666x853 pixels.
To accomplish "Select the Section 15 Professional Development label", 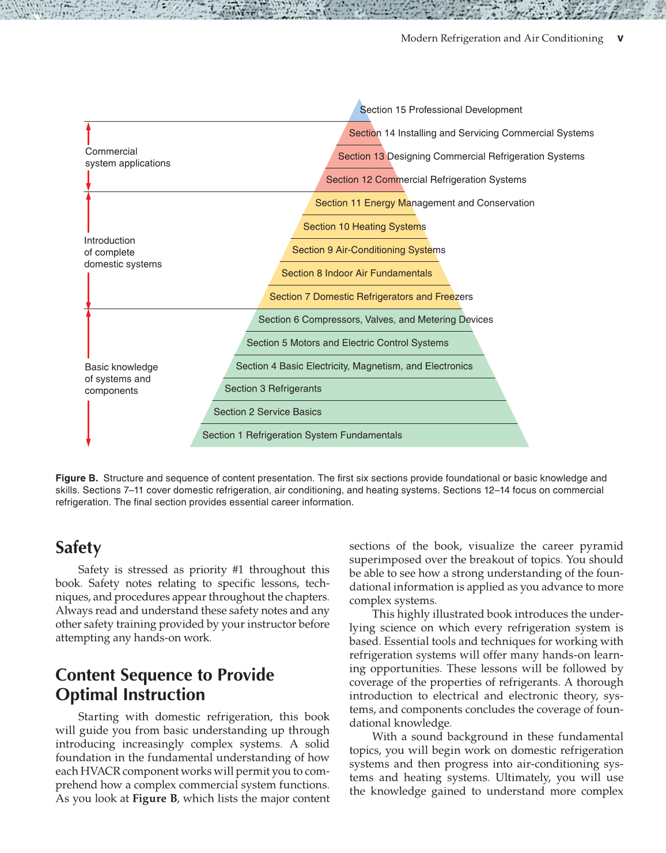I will point(441,110).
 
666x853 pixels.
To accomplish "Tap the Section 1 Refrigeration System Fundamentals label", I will point(302,435).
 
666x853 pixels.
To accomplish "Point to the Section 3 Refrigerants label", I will point(273,389).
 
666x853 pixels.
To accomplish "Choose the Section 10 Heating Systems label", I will point(365,227).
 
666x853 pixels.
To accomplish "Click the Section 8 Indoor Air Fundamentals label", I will point(357,273).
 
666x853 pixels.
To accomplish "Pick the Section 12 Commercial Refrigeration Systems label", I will point(426,180).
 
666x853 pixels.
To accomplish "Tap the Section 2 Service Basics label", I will point(267,412).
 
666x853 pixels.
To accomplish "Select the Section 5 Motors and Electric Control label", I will point(347,343).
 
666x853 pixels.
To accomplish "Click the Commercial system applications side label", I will point(127,157).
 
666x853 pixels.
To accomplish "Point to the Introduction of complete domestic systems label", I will point(123,253).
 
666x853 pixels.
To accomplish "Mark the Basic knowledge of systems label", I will point(121,379).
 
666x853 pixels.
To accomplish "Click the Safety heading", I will point(78,547).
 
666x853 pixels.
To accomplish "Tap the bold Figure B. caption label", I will point(77,478).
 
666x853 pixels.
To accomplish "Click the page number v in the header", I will point(620,38).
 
